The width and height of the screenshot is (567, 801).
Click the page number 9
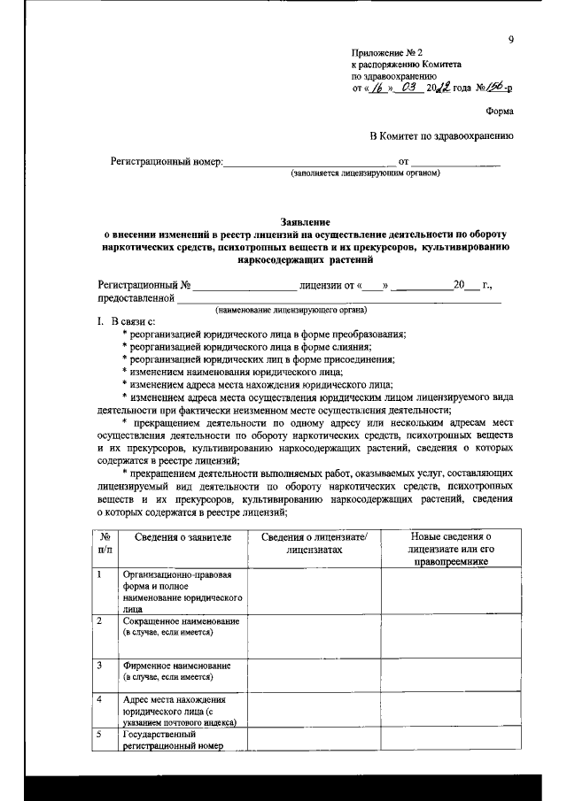click(511, 39)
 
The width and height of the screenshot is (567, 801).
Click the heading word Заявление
click(305, 220)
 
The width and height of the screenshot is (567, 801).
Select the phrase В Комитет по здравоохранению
click(441, 135)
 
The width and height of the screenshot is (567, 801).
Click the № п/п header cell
click(105, 543)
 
